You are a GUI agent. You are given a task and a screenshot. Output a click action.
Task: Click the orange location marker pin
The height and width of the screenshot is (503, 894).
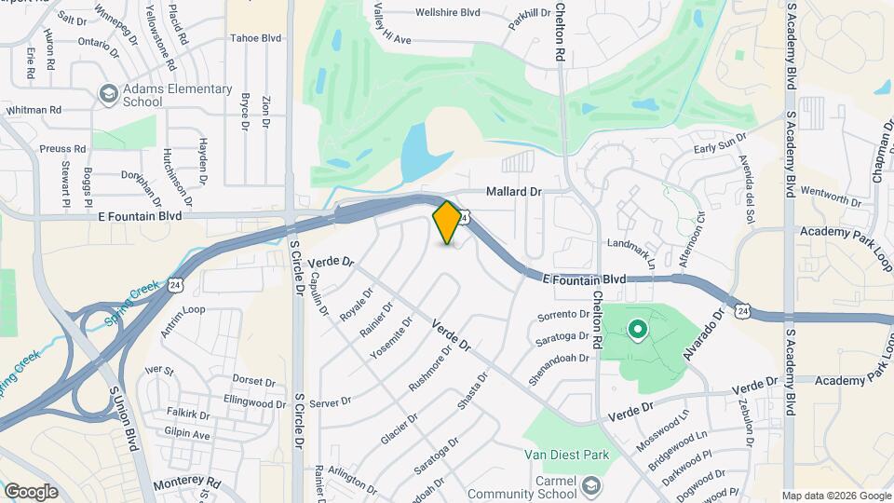(x=448, y=222)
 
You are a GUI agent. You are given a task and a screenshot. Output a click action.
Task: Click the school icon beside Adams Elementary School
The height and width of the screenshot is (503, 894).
(x=108, y=94)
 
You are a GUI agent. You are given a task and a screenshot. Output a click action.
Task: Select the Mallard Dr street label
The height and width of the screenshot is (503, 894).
(x=513, y=192)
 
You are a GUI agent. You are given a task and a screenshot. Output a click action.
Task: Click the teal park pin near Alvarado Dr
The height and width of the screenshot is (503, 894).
(x=638, y=330)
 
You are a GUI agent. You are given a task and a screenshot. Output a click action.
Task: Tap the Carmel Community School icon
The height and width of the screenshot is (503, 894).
(x=591, y=485)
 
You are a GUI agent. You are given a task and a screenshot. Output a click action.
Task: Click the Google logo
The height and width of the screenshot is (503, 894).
(x=31, y=492)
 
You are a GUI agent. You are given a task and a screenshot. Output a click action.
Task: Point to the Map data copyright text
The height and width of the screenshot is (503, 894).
(x=836, y=496)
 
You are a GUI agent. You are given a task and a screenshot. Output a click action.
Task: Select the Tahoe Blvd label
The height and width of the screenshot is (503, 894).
(x=256, y=38)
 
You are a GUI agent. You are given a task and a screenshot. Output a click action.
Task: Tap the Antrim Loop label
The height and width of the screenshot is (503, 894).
(x=183, y=310)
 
